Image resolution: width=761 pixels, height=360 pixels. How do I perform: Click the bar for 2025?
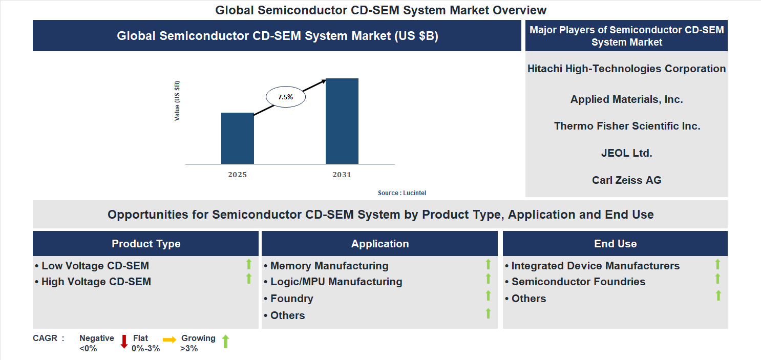(237, 138)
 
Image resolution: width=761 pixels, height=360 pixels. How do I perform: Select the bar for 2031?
(342, 121)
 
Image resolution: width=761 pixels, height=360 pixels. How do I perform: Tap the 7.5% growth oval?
(285, 97)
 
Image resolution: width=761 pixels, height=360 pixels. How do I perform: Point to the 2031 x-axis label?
(342, 175)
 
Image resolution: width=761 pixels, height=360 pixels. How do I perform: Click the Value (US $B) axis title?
(177, 100)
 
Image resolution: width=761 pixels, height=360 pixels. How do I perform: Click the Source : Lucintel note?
(402, 193)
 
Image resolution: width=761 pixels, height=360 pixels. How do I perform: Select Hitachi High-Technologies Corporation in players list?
(626, 69)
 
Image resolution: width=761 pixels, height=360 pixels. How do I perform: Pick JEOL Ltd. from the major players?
(626, 153)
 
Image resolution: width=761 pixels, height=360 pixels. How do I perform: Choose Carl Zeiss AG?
(626, 180)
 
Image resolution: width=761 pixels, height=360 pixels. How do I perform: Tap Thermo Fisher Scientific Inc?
(626, 126)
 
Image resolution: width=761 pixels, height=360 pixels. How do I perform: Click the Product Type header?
(146, 244)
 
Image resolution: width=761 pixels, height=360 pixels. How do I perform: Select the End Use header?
(615, 244)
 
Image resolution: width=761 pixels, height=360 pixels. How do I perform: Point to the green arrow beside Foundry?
(488, 295)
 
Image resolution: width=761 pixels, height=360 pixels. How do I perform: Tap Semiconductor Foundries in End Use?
(578, 282)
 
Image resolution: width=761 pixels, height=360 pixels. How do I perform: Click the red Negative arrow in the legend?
(123, 342)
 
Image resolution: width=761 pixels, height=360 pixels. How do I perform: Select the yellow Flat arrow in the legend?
(170, 339)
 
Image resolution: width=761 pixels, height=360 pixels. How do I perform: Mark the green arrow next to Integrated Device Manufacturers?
(717, 264)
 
